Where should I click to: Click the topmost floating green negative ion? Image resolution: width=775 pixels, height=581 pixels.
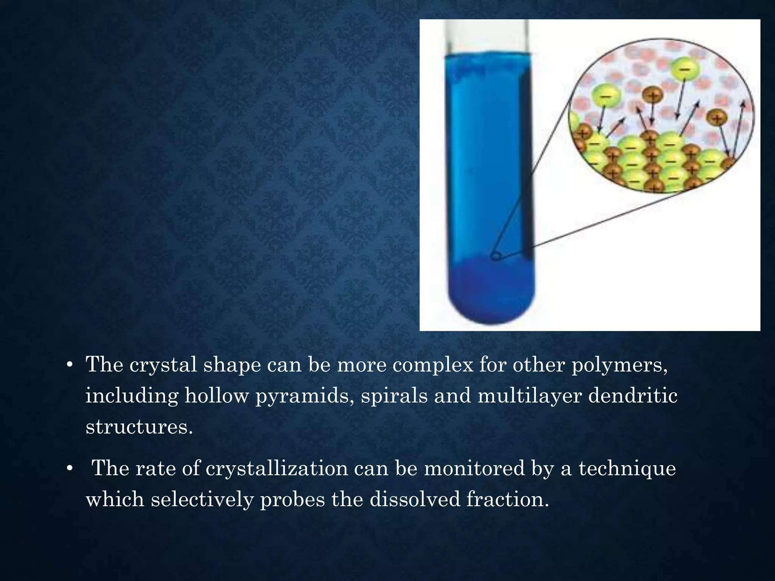(x=684, y=69)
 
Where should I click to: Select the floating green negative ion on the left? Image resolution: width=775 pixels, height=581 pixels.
(x=605, y=96)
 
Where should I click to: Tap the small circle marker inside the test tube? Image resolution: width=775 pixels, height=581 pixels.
(x=495, y=257)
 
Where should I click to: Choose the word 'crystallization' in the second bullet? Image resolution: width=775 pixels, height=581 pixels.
(x=277, y=468)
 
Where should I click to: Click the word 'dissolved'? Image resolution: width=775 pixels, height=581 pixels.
(x=415, y=499)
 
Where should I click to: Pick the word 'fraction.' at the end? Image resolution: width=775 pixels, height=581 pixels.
(x=507, y=499)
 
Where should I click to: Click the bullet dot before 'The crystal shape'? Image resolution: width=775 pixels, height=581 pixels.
(x=69, y=365)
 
